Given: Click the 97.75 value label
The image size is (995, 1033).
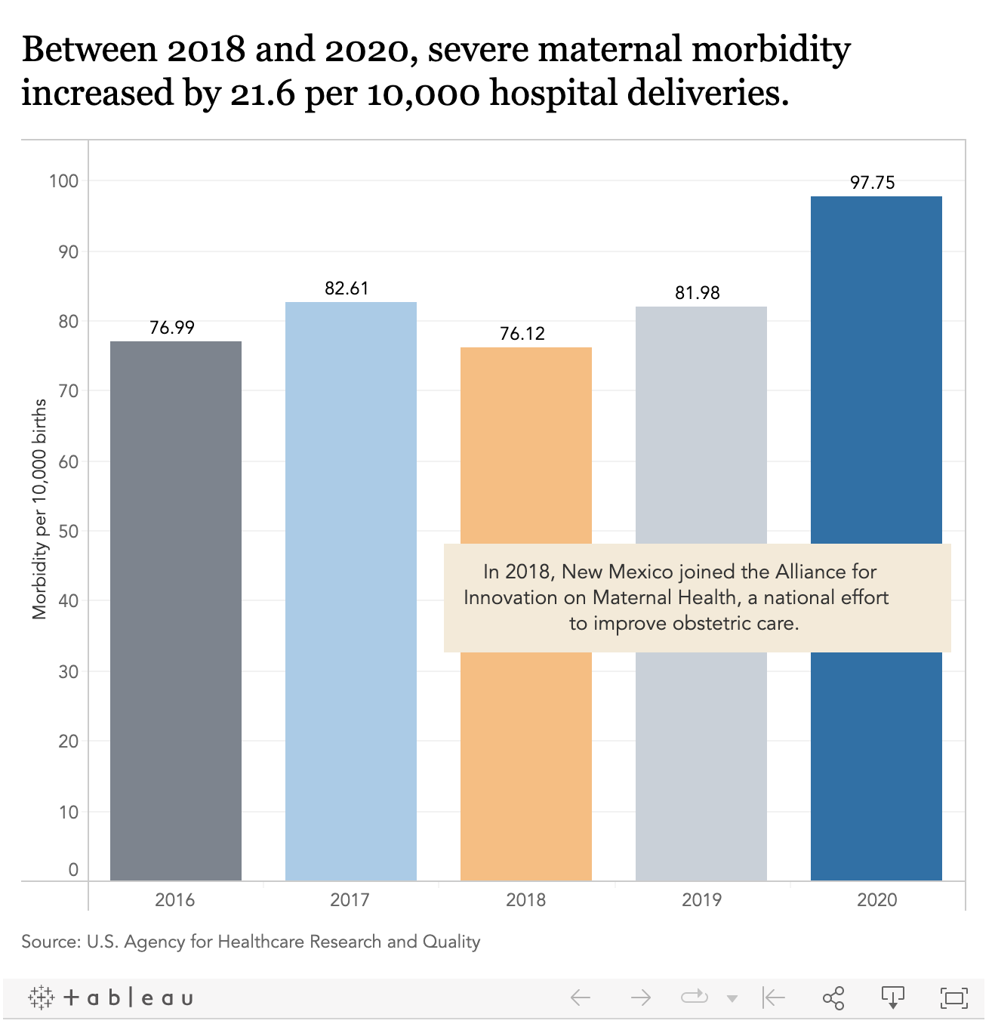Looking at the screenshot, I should click(873, 182).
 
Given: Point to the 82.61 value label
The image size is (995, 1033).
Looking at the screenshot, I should click(347, 288).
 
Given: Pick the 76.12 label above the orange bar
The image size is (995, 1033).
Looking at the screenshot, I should click(522, 334).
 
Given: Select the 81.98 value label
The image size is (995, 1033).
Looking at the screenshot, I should click(698, 293).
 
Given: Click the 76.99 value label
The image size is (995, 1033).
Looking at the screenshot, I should click(172, 327).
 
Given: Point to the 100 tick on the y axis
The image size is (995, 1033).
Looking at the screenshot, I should click(64, 181).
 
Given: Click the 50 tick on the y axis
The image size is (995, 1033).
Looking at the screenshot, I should click(68, 531).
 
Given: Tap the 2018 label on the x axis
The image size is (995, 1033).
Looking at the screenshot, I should click(525, 899).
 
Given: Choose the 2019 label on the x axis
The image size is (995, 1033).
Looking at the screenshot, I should click(701, 899).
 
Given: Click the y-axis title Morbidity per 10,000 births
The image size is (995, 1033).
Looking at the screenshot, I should click(40, 509).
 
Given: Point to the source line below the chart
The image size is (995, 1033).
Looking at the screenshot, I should click(251, 942).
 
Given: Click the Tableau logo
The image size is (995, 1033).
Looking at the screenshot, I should click(111, 998).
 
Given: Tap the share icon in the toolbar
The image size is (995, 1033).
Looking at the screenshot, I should click(833, 998).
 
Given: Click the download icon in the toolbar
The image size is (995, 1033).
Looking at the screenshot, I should click(893, 998).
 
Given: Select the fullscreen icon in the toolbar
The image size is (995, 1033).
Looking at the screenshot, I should click(954, 998).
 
